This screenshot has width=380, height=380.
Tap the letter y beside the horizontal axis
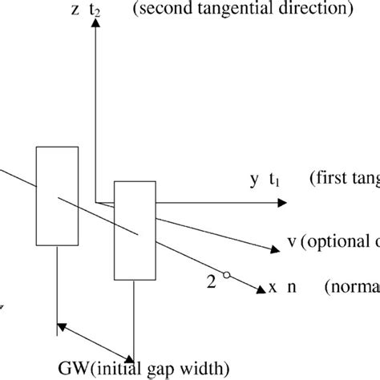254,181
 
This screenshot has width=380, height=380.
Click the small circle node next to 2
227,275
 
